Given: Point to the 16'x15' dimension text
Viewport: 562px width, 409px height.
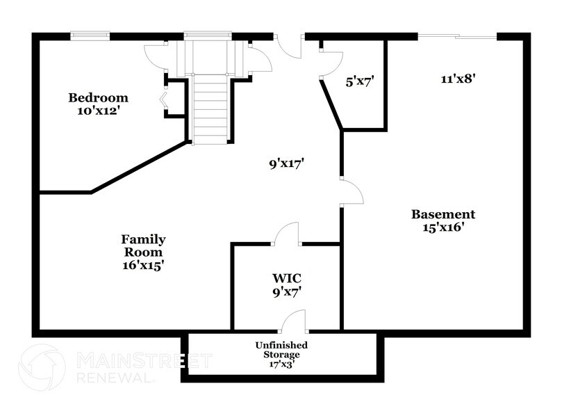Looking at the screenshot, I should (144, 265).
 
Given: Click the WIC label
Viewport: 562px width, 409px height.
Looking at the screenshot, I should (286, 280).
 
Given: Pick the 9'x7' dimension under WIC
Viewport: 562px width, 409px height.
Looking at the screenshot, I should (286, 293).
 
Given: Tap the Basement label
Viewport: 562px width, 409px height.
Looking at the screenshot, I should (443, 214).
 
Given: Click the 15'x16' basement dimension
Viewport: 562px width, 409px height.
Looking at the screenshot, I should (443, 227).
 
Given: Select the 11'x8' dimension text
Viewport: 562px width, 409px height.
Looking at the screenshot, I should (458, 79).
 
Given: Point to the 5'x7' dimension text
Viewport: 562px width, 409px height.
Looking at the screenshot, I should (360, 81).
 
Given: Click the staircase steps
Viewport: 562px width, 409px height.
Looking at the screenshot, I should (210, 108).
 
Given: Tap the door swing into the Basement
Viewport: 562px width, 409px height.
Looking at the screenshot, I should (352, 192).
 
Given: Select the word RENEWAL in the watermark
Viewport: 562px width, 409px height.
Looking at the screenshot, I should (115, 378).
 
